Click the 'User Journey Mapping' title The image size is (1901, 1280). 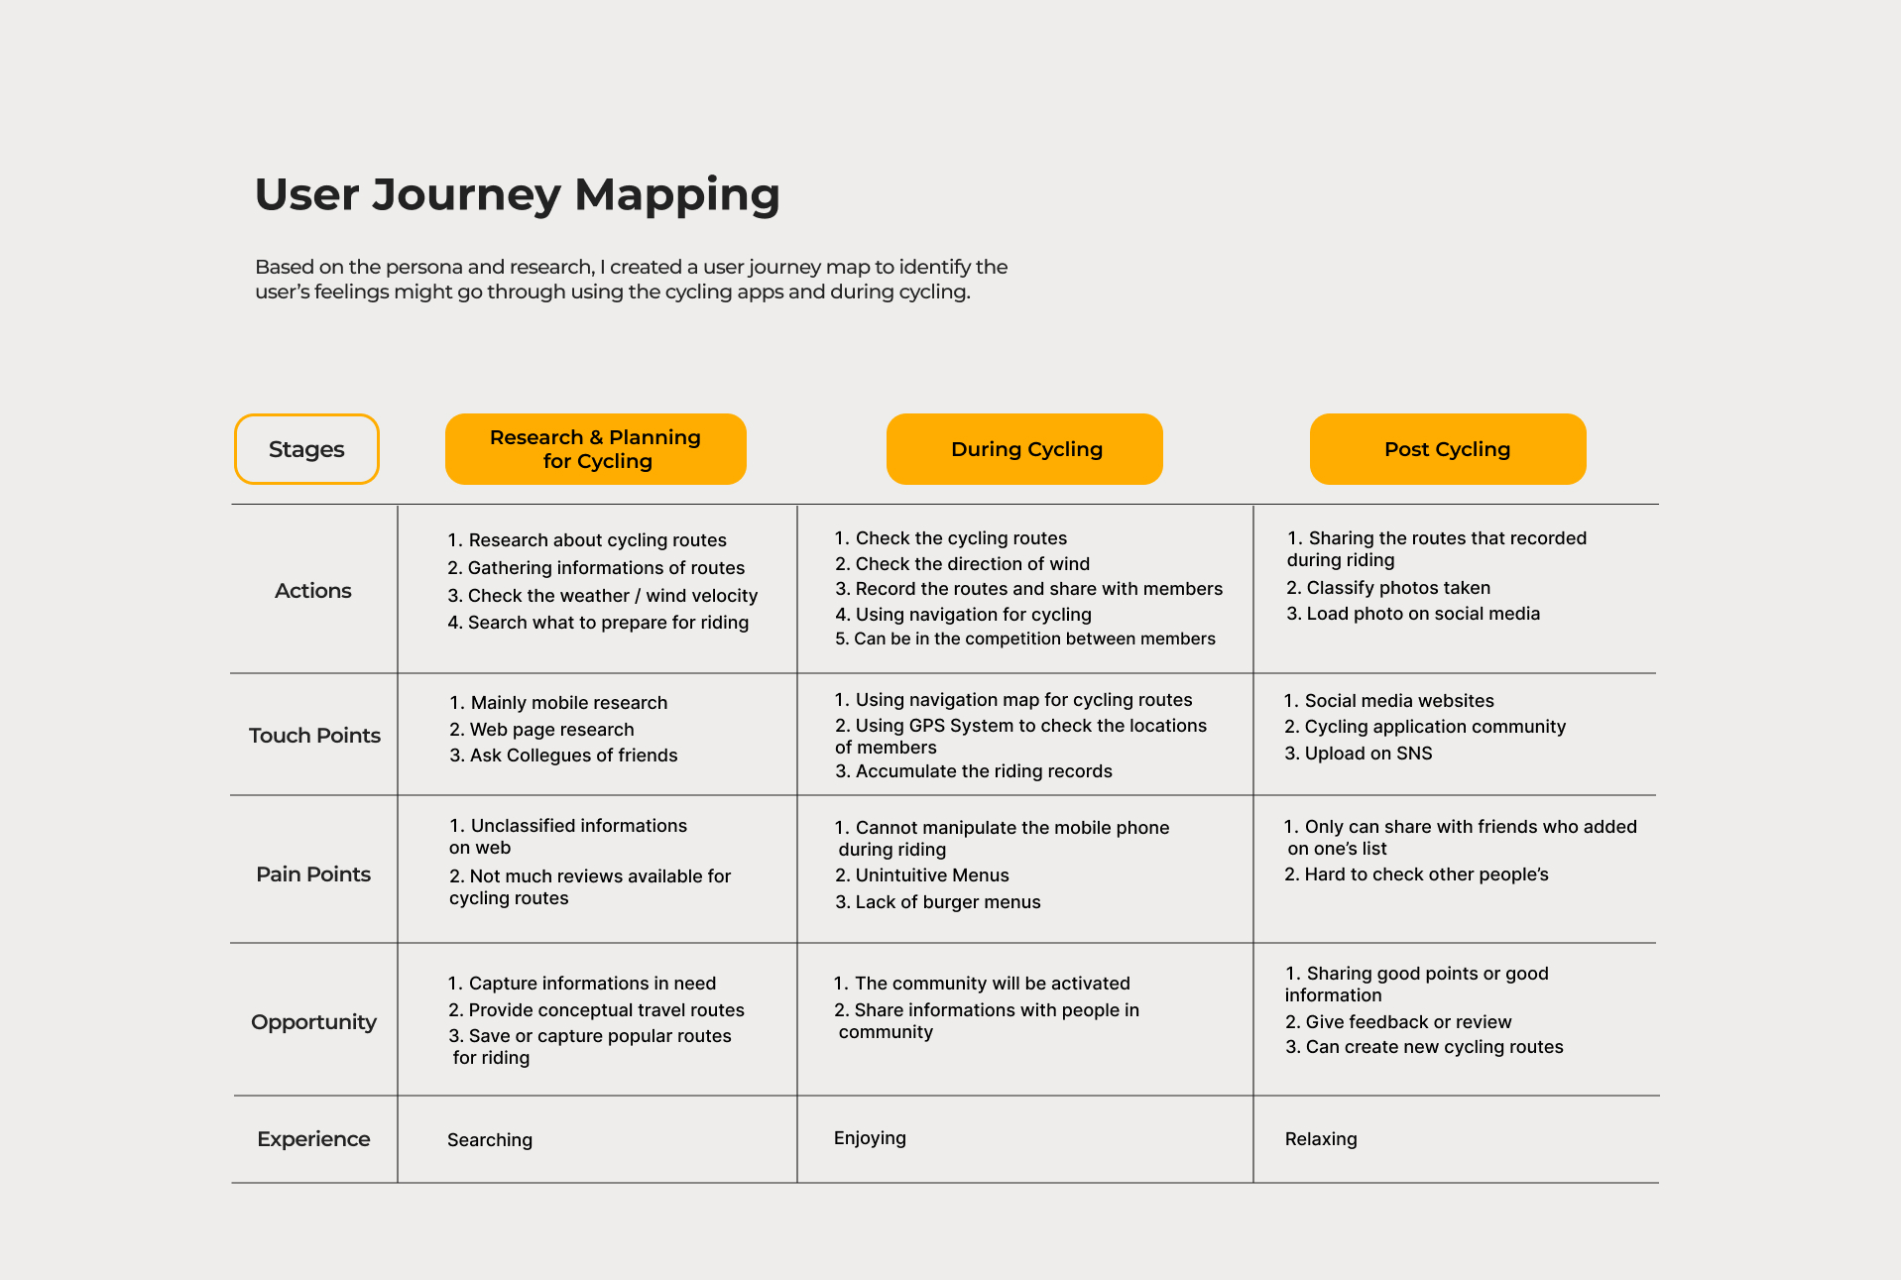pyautogui.click(x=517, y=194)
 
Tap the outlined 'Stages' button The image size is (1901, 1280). pyautogui.click(x=306, y=449)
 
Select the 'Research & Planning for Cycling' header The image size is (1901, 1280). pyautogui.click(x=595, y=449)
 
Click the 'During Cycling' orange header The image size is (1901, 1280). pyautogui.click(x=1024, y=449)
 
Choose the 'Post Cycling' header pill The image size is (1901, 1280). pyautogui.click(x=1447, y=449)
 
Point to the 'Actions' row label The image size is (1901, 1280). pyautogui.click(x=313, y=591)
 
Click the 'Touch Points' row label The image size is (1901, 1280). pyautogui.click(x=314, y=736)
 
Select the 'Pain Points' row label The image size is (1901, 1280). pyautogui.click(x=313, y=874)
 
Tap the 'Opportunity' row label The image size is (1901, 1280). pyautogui.click(x=313, y=1022)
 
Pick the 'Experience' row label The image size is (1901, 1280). pyautogui.click(x=313, y=1139)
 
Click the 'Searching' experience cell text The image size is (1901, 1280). pyautogui.click(x=490, y=1140)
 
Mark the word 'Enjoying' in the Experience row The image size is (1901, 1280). pyautogui.click(x=870, y=1138)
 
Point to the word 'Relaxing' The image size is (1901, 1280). pyautogui.click(x=1321, y=1139)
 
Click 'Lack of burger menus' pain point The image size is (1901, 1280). pyautogui.click(x=947, y=902)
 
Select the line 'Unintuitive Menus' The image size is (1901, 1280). pyautogui.click(x=931, y=875)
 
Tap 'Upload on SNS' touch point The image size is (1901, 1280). pyautogui.click(x=1367, y=754)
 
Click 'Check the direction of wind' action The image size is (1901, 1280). pyautogui.click(x=972, y=564)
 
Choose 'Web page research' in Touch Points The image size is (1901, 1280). pyautogui.click(x=551, y=730)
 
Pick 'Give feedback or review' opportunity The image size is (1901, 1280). pyautogui.click(x=1408, y=1022)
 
